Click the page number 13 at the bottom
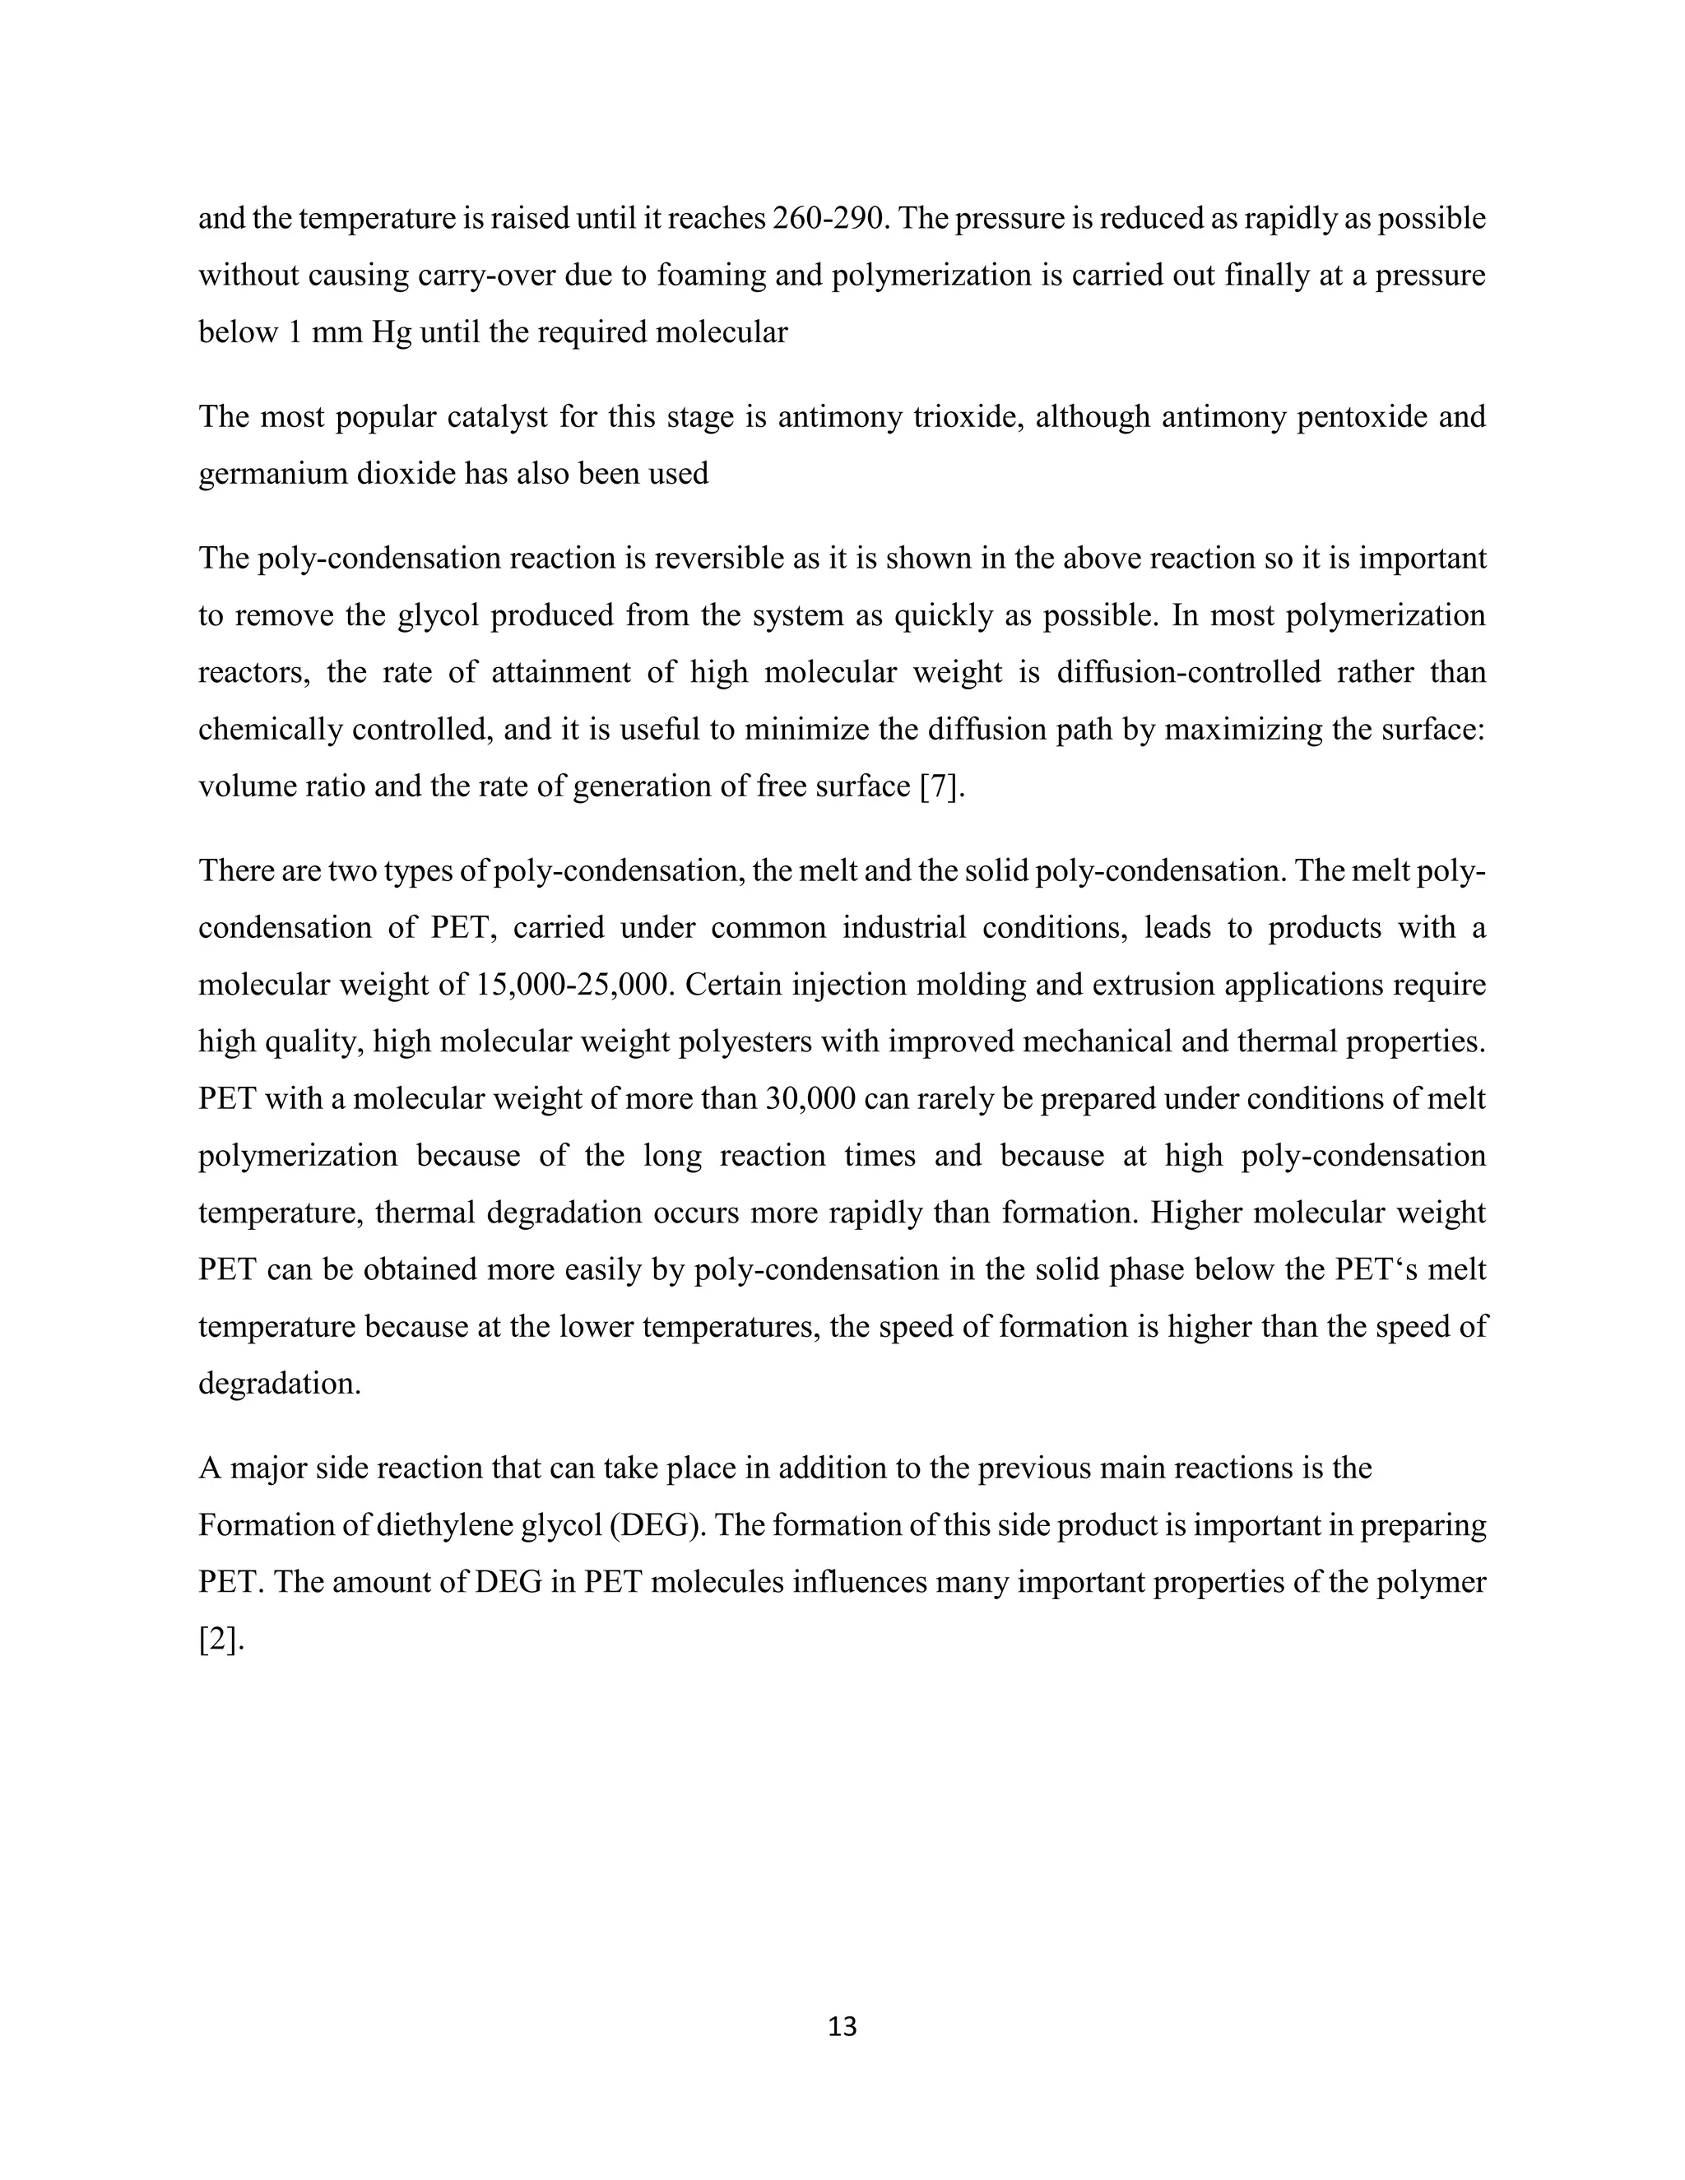coord(842,2025)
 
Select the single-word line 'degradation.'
coord(280,1384)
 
